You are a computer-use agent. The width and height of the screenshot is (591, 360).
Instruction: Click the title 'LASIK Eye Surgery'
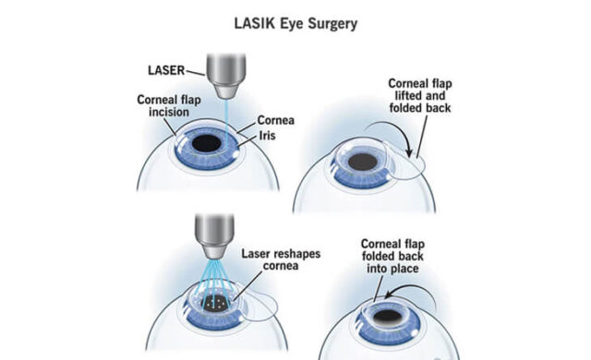click(295, 19)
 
